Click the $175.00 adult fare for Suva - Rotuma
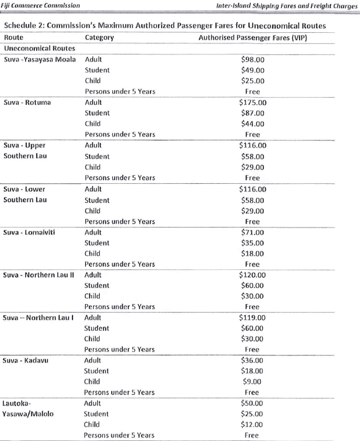point(252,102)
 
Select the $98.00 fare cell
point(252,59)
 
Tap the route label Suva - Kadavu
point(26,360)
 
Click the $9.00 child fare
point(252,382)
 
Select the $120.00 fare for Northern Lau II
point(252,275)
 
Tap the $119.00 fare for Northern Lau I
point(252,318)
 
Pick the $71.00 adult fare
point(252,232)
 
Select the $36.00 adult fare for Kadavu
point(252,360)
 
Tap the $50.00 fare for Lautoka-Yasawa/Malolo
point(252,403)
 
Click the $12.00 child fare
point(252,425)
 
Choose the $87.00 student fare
point(252,113)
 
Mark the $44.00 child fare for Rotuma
point(252,124)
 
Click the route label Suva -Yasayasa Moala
point(40,59)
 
